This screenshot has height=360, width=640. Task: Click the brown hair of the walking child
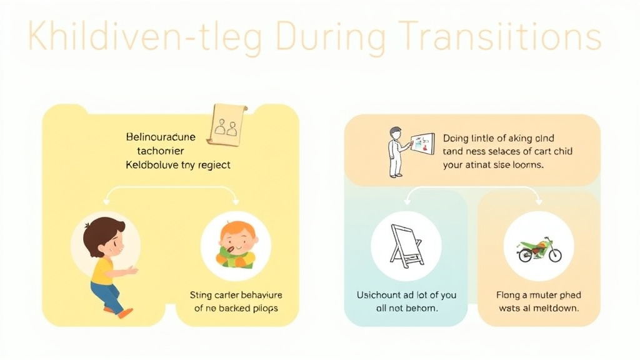click(100, 233)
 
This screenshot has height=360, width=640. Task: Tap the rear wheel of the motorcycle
click(524, 255)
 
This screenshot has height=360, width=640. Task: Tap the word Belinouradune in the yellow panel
click(160, 137)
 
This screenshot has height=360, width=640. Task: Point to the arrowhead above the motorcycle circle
click(539, 202)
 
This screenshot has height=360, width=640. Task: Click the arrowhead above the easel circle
click(407, 202)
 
